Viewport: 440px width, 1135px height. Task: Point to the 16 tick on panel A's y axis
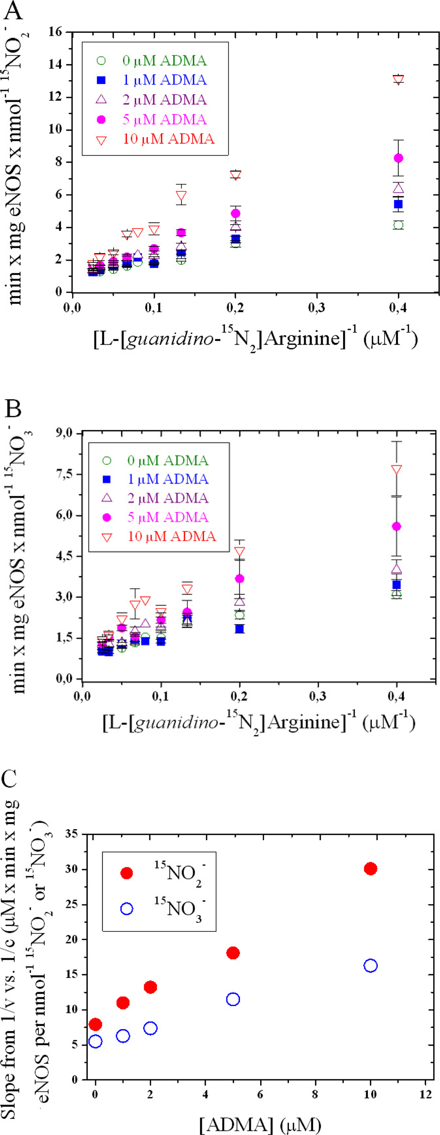click(x=55, y=32)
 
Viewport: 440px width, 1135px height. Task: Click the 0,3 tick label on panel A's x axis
click(x=317, y=308)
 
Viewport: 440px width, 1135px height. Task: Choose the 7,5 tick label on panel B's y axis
click(x=64, y=474)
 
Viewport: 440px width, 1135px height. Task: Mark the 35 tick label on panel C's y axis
click(x=71, y=834)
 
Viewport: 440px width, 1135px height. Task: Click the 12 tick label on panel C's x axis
click(x=425, y=1094)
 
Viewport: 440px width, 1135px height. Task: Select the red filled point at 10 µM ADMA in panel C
click(x=370, y=869)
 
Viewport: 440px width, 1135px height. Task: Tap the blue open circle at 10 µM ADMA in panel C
click(x=370, y=965)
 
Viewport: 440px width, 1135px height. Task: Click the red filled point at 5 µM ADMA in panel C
click(x=233, y=953)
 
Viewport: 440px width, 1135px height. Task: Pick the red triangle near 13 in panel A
click(x=398, y=79)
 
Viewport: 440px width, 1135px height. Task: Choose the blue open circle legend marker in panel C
click(x=127, y=909)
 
